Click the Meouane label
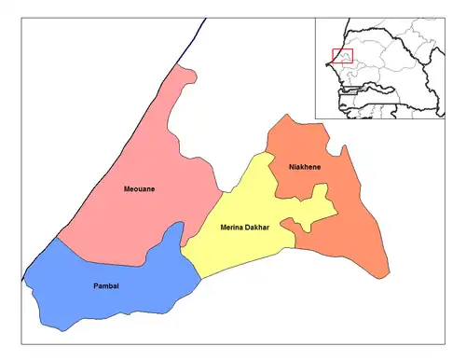(x=139, y=189)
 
